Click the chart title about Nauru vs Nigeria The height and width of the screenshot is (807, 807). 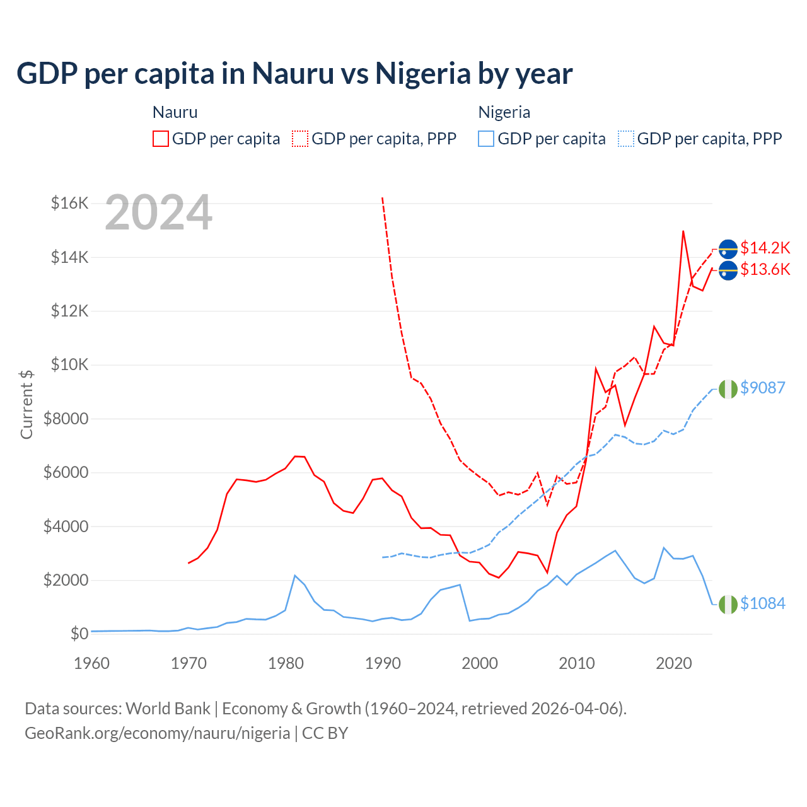pos(294,74)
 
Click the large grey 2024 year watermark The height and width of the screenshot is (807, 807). pos(158,213)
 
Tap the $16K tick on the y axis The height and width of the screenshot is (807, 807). pos(69,203)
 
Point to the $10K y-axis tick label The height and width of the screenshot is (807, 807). pos(69,364)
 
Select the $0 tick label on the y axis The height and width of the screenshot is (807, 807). pos(79,634)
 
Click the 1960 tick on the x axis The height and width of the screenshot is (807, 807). pos(91,663)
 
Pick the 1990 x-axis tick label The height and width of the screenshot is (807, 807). pos(383,663)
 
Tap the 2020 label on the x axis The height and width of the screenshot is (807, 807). pos(674,663)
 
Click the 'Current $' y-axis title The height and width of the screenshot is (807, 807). pos(26,405)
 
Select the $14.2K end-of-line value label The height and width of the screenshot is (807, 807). pos(765,248)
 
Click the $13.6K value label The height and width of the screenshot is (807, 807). pos(765,270)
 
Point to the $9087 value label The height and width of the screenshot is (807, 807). pos(762,388)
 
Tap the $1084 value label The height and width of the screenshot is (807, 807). pos(762,604)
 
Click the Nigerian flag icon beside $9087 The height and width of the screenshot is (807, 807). pos(728,390)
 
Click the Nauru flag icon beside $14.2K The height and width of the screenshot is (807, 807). pos(728,249)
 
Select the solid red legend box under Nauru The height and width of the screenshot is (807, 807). pos(161,139)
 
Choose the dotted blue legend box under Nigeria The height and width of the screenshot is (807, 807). pos(626,139)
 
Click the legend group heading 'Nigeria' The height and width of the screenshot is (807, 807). pos(504,112)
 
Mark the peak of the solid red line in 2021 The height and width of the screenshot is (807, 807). pos(683,231)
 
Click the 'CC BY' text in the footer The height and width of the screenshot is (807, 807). pos(325,733)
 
